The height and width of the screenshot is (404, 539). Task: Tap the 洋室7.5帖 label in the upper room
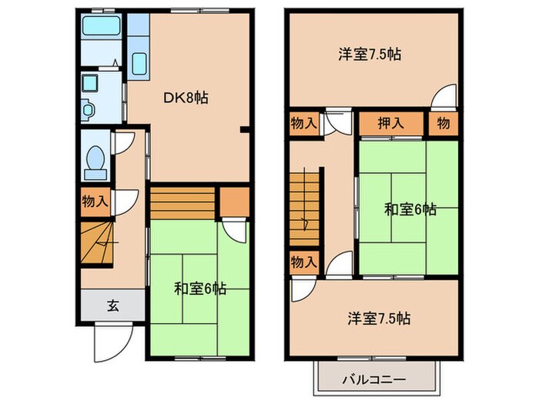point(371,55)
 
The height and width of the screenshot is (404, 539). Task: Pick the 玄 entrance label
point(112,306)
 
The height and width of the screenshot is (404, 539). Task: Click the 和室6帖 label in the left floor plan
point(199,289)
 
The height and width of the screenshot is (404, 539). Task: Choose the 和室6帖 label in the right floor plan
point(410,209)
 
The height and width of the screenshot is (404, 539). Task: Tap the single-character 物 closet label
point(445,122)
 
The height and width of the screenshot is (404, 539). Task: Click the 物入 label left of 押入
point(303,122)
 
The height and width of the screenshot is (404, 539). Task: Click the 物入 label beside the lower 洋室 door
point(303,262)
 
